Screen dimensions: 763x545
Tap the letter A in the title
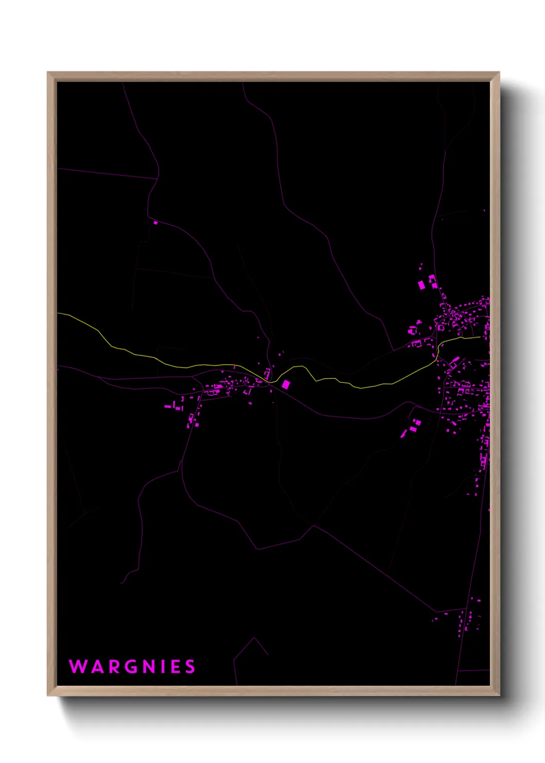click(x=97, y=667)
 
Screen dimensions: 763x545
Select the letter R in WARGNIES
click(x=114, y=667)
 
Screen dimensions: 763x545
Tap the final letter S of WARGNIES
click(x=191, y=667)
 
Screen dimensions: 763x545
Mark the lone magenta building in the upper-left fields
click(x=156, y=223)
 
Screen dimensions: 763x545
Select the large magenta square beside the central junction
click(x=285, y=384)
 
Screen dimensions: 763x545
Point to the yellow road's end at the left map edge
click(x=58, y=313)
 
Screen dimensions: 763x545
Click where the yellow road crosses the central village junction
click(x=269, y=381)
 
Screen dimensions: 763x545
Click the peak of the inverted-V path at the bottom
click(x=254, y=638)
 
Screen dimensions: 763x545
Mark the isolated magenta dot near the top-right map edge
click(x=484, y=211)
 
